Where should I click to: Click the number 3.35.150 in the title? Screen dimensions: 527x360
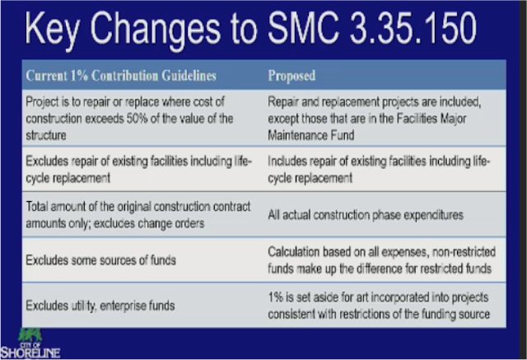pos(413,28)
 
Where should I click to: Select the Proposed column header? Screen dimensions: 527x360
pos(291,75)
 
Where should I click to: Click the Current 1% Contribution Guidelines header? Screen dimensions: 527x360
pos(121,75)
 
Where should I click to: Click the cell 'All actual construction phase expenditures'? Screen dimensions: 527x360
pos(366,215)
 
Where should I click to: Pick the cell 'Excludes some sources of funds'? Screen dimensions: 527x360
pos(100,259)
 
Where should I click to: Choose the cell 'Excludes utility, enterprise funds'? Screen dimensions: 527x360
pos(100,306)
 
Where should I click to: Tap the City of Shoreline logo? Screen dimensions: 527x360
pos(30,344)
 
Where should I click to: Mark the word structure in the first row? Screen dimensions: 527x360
pos(46,135)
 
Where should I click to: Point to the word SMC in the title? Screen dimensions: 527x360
pos(303,28)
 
